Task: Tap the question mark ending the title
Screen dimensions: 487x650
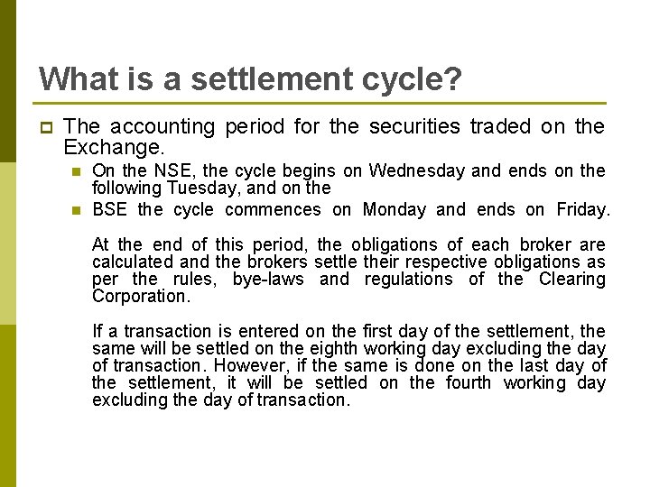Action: tap(451, 78)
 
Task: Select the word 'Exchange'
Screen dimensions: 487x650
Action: tap(112, 147)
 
